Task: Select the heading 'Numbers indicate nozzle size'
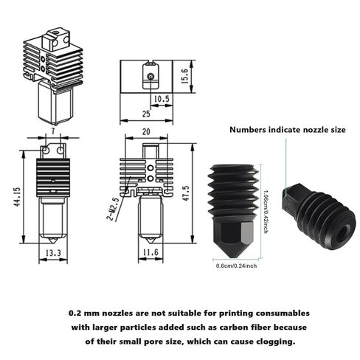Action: [x=287, y=129]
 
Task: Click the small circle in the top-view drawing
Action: [x=150, y=75]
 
